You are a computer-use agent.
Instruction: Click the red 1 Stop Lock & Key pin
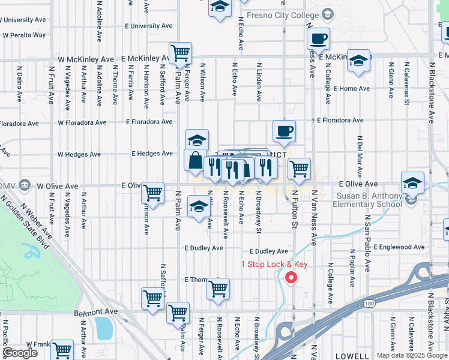[291, 277]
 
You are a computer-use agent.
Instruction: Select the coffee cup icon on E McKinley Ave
[319, 39]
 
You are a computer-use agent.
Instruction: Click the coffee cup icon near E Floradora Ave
[284, 131]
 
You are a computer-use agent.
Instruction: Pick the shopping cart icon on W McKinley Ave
[180, 53]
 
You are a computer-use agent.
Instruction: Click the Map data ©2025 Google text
[412, 355]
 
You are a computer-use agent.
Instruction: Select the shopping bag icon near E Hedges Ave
[196, 161]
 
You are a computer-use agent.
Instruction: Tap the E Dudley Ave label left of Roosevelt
[203, 248]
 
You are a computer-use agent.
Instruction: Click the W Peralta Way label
[24, 35]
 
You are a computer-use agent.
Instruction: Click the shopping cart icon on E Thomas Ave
[218, 289]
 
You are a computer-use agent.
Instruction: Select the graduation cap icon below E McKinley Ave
[358, 62]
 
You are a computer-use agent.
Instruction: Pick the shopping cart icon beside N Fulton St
[298, 169]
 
